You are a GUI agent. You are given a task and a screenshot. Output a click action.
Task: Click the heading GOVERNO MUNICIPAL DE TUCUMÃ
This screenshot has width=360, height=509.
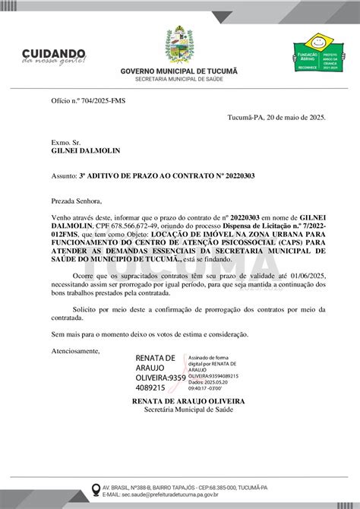pyautogui.click(x=179, y=71)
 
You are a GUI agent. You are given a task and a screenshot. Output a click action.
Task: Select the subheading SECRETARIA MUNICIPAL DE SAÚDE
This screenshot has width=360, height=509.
pyautogui.click(x=179, y=79)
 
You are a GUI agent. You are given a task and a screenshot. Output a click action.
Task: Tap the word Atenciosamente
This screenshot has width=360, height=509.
pyautogui.click(x=75, y=350)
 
